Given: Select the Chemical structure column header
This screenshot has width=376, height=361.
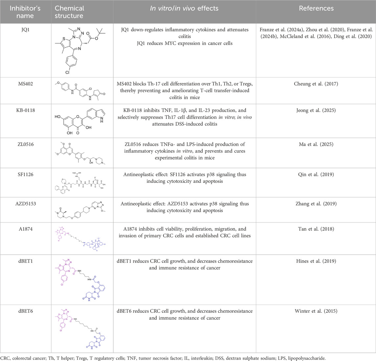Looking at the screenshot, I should [x=69, y=12].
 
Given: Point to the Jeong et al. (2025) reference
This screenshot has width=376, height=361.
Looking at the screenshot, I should [x=316, y=111].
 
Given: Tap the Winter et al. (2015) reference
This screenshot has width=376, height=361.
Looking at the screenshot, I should [x=316, y=311].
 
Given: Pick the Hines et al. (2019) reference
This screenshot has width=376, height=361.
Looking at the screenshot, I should [x=316, y=262].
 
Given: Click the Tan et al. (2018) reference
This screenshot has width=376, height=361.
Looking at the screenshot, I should [x=316, y=229].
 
